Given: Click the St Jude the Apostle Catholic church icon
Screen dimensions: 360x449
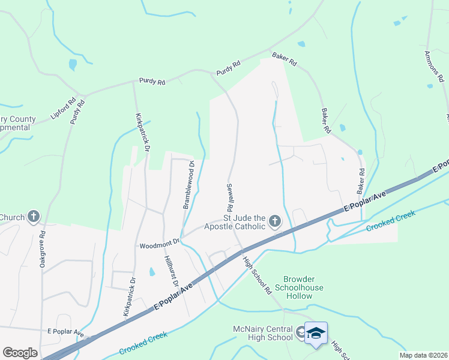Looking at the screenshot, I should [x=274, y=222].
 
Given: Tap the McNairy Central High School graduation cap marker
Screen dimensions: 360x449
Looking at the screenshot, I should [x=316, y=333].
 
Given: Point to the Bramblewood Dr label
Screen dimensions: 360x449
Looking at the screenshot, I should [x=187, y=184].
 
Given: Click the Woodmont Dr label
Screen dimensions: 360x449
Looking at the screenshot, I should [x=160, y=244].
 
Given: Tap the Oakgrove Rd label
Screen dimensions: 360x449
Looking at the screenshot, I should [x=42, y=250].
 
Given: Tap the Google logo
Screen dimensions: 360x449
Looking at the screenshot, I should [x=20, y=352].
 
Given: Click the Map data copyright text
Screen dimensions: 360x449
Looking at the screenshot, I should [x=423, y=355].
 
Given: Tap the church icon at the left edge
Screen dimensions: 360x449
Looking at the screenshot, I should [x=34, y=217].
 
